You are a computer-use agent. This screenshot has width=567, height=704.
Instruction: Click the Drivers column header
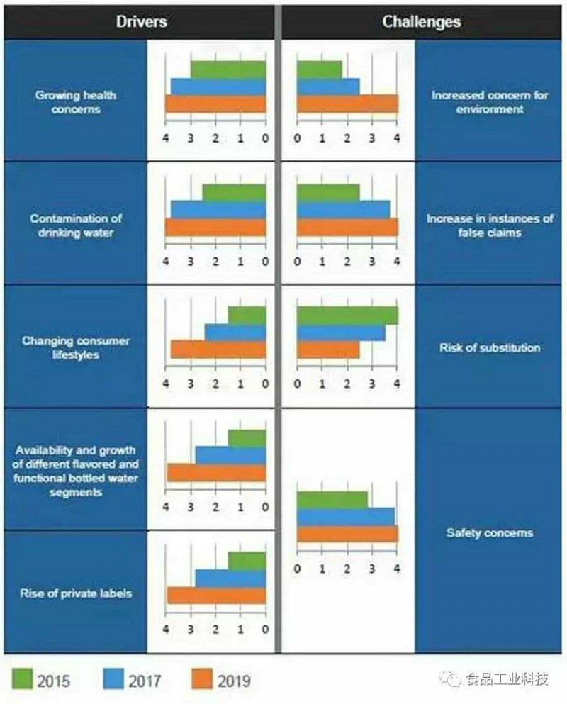(141, 21)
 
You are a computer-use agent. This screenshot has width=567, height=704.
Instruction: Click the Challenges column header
(422, 21)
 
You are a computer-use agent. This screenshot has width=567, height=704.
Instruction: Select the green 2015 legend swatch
(28, 680)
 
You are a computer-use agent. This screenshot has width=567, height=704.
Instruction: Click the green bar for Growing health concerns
(228, 69)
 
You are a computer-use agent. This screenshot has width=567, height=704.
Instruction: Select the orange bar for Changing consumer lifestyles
(218, 350)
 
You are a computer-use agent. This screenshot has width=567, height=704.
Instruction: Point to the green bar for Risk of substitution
(347, 315)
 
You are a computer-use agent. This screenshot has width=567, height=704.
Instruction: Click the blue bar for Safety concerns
(345, 516)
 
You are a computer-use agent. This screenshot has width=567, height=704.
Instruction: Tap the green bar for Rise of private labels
(247, 561)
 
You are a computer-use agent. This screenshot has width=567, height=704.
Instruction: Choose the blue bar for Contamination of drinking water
(218, 210)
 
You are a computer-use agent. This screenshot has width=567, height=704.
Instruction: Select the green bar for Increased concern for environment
(319, 69)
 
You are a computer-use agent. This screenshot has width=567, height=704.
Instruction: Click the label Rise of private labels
(76, 593)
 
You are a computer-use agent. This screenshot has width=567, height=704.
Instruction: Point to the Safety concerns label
(489, 532)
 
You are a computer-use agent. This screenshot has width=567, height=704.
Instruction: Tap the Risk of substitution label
(490, 347)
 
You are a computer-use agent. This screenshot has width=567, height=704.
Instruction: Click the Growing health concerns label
(76, 102)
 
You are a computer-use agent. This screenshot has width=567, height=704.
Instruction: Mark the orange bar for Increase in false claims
(347, 227)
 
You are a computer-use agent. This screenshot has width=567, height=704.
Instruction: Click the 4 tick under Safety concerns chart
(397, 569)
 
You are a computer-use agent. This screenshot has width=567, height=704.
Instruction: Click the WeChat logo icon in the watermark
(451, 679)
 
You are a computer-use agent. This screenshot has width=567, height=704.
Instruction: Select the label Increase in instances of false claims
(490, 225)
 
